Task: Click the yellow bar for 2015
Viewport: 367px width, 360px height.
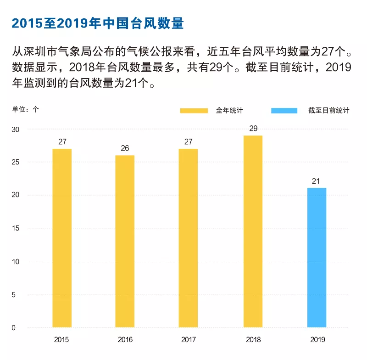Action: point(62,238)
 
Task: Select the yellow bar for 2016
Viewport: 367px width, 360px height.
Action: point(125,241)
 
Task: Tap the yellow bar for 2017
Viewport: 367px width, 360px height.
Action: point(188,238)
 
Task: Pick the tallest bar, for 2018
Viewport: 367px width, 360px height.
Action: point(253,231)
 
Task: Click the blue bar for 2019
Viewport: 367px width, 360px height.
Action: point(316,258)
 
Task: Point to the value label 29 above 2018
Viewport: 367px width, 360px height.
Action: point(253,129)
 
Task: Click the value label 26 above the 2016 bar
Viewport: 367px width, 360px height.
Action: point(125,148)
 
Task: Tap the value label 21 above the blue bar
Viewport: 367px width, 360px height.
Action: point(316,181)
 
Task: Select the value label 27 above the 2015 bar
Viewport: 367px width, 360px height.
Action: point(62,142)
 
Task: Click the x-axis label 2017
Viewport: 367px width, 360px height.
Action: point(188,340)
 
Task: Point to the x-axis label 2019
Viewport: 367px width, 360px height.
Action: point(317,340)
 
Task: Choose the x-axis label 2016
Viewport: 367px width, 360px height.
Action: point(125,340)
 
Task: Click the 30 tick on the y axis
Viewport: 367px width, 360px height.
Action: point(16,129)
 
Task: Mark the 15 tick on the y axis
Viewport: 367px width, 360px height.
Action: point(16,228)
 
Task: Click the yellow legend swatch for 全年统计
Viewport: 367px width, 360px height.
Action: point(194,111)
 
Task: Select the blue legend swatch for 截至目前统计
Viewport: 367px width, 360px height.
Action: point(285,111)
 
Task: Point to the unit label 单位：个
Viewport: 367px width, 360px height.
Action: point(26,109)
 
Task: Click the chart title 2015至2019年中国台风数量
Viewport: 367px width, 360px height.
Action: point(98,23)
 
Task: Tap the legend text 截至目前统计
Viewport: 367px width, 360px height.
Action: point(329,111)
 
